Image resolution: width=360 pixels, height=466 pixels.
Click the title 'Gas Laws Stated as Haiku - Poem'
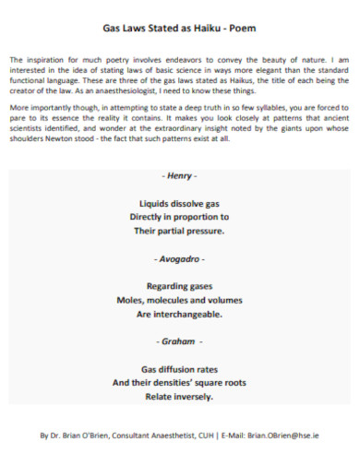pos(180,28)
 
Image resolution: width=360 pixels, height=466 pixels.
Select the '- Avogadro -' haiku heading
pos(179,259)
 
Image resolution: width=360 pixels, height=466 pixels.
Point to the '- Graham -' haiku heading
pos(179,340)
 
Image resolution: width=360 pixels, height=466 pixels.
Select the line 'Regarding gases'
pos(179,286)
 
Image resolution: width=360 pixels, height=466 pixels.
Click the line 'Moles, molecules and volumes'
pos(179,300)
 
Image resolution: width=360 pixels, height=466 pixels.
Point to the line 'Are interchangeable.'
pos(179,314)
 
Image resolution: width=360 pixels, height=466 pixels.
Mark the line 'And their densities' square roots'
pos(179,383)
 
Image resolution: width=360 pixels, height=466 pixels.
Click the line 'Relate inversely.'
pos(179,397)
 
